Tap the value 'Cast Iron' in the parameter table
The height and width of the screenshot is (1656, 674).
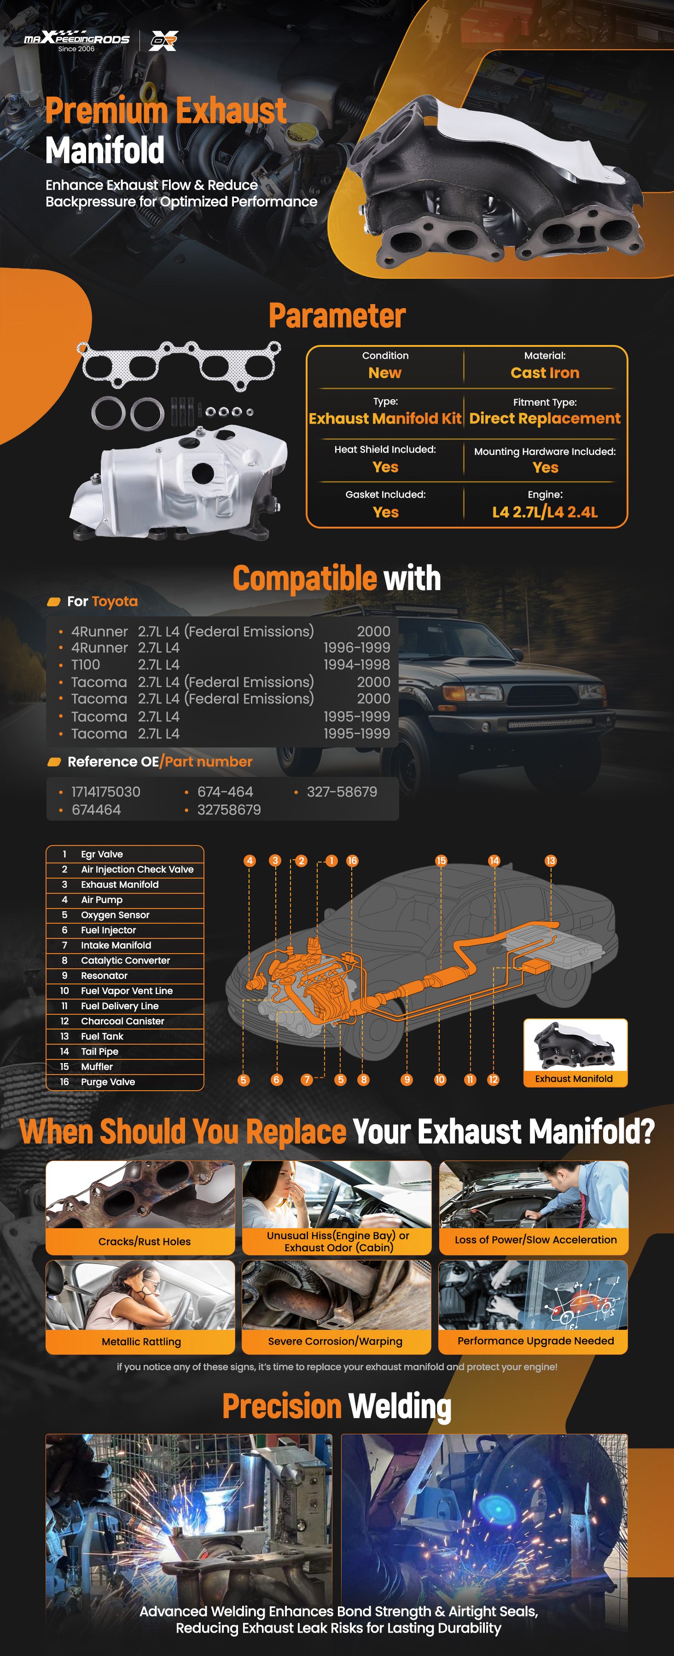pos(545,373)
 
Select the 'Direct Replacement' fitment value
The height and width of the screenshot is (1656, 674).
pos(545,419)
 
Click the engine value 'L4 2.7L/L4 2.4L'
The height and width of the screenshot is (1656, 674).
pos(545,512)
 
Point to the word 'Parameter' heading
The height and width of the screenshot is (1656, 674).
pos(337,316)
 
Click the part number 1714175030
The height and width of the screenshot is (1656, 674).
pos(106,792)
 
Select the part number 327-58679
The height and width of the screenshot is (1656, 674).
pos(342,792)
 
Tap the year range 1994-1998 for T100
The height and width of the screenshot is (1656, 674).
pos(357,665)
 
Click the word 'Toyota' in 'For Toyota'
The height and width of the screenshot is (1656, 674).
pos(115,602)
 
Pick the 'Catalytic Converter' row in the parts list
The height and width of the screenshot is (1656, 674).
pos(125,960)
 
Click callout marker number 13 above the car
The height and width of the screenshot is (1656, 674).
pos(551,861)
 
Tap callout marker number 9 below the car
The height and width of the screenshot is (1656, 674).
pos(407,1080)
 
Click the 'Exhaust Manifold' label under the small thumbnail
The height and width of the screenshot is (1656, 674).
pos(574,1079)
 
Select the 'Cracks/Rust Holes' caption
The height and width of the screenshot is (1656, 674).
pos(145,1242)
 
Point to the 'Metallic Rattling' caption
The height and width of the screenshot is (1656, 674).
pos(141,1342)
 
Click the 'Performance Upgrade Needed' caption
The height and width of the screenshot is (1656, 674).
pos(536,1341)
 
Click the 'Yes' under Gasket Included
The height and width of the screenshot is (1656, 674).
pos(386,512)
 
